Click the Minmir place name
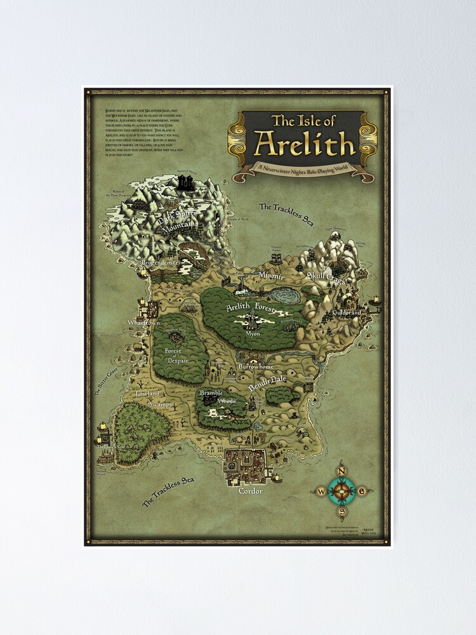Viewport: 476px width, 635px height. [272, 276]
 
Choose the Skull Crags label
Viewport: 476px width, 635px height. [326, 277]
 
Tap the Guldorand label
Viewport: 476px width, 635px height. [347, 313]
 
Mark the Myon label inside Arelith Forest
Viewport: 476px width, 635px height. [253, 333]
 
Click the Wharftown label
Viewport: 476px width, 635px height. [143, 323]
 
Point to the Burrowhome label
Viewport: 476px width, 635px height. [256, 367]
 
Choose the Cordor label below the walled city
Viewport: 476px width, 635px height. [250, 491]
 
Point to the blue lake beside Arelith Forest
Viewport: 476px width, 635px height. [284, 295]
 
